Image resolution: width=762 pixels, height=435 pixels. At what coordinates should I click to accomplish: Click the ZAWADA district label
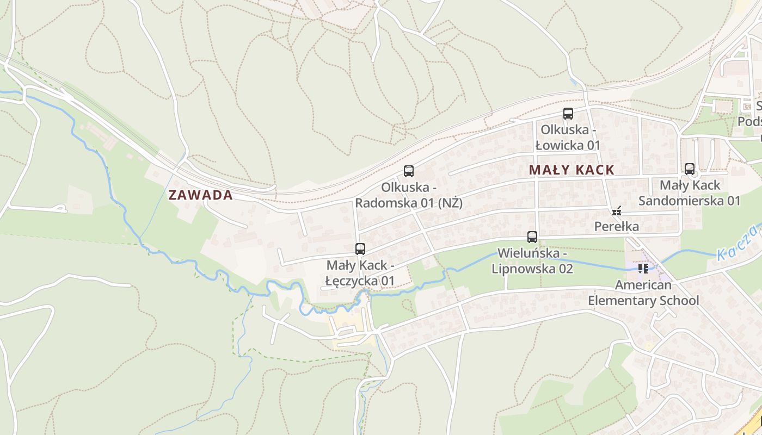200,195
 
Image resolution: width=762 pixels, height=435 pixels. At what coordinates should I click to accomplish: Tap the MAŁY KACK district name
571,170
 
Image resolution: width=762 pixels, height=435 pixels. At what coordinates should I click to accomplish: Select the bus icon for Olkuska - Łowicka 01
568,114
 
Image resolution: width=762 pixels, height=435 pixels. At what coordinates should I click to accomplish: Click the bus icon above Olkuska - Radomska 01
409,171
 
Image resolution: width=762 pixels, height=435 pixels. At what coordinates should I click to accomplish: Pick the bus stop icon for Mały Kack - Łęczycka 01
360,249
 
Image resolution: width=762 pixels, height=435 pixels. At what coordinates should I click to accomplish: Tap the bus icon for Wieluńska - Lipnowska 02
532,237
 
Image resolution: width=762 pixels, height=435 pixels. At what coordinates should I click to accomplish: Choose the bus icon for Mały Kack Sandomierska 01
690,169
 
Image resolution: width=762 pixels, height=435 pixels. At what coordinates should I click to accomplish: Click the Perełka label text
617,226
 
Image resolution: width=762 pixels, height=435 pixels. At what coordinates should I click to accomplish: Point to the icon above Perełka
617,211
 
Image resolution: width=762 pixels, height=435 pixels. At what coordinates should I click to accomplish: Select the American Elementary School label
643,293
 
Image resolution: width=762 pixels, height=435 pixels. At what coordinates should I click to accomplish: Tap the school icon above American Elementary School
643,268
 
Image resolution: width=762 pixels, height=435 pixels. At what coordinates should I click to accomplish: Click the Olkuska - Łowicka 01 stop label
568,138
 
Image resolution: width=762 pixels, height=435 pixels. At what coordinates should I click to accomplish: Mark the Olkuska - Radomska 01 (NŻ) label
409,195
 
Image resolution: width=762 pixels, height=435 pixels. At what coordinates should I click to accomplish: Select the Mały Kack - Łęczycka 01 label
360,273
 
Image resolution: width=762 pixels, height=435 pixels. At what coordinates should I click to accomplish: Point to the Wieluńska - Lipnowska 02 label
532,261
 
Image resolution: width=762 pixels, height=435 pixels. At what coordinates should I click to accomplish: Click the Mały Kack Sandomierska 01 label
690,193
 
